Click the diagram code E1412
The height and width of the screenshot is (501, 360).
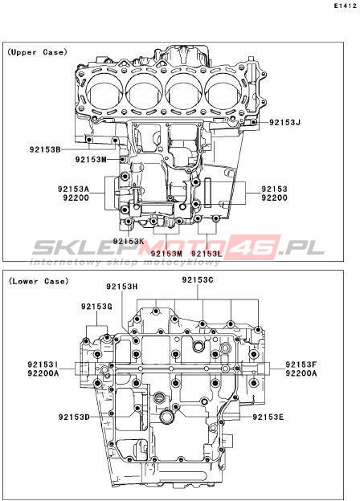pyautogui.click(x=346, y=6)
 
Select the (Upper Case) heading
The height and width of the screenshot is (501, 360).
pyautogui.click(x=38, y=52)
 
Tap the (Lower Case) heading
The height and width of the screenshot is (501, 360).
pyautogui.click(x=39, y=281)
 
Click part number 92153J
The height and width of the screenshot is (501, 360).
pyautogui.click(x=285, y=122)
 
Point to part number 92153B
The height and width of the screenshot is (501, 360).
pyautogui.click(x=45, y=149)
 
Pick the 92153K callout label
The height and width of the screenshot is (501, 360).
pyautogui.click(x=129, y=241)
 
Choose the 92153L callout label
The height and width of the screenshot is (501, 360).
pyautogui.click(x=207, y=254)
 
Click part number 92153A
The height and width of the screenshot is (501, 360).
pyautogui.click(x=74, y=189)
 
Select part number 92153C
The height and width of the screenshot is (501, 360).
pyautogui.click(x=198, y=280)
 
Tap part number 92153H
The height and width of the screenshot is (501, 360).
pyautogui.click(x=122, y=287)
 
